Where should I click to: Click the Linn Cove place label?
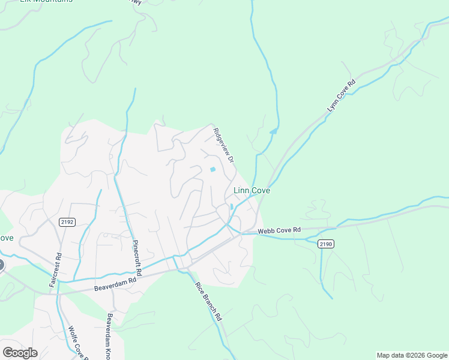[x=251, y=191]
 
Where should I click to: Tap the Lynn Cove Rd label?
[x=342, y=95]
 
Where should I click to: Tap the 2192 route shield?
[x=67, y=222]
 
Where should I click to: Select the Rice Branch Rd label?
[x=208, y=302]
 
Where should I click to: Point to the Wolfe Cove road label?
[x=78, y=344]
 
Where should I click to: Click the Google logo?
[x=20, y=353]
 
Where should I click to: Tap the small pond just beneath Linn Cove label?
[x=232, y=207]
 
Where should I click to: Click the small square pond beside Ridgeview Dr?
[x=212, y=170]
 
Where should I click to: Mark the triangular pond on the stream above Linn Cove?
[x=274, y=131]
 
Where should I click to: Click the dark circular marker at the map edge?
[x=1, y=265]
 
